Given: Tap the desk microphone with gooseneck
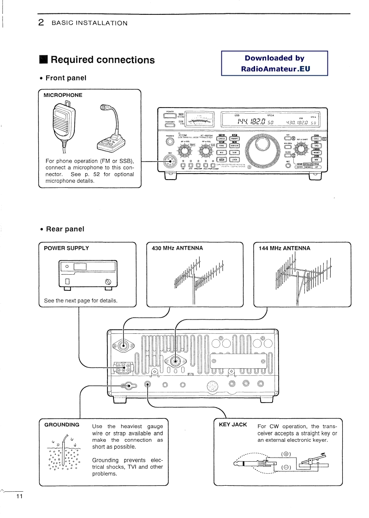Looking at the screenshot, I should [x=111, y=132].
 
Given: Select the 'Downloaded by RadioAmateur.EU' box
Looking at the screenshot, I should [x=274, y=64].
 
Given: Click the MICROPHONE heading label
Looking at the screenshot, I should [x=63, y=95].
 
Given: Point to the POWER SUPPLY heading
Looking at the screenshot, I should [x=66, y=248].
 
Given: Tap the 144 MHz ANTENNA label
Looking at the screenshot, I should [x=284, y=248].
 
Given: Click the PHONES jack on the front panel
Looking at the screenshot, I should [x=169, y=142].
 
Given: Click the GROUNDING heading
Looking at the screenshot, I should [x=61, y=424].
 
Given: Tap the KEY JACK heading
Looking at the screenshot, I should [x=233, y=424].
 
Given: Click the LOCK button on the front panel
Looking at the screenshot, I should [x=234, y=159].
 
